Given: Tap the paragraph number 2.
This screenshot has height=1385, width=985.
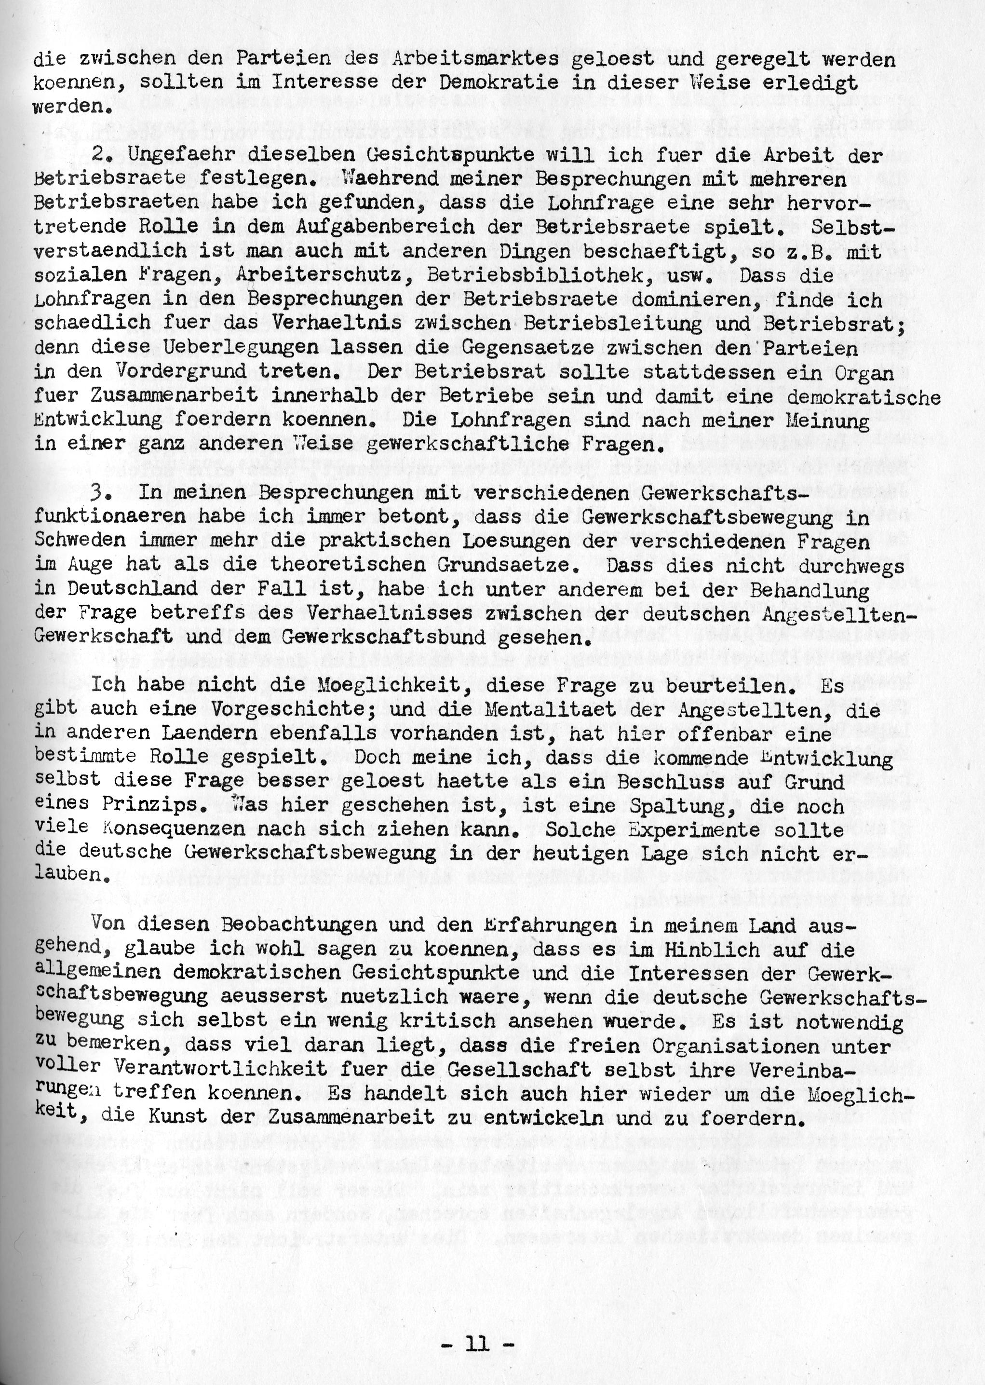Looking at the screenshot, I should (x=99, y=156).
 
